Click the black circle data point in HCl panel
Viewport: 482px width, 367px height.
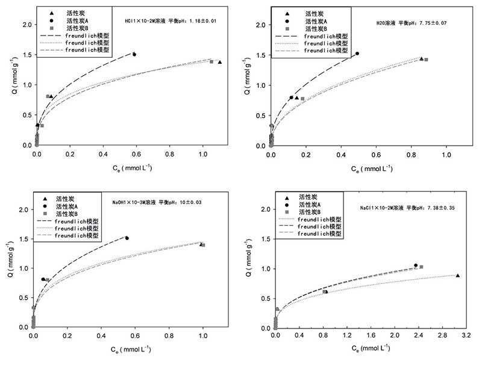click(x=134, y=54)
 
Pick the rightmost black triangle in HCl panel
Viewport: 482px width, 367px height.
click(x=220, y=62)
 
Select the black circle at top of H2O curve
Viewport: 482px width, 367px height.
click(x=357, y=54)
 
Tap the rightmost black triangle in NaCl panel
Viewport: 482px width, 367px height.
click(x=458, y=276)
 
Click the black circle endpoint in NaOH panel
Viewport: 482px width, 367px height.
click(x=127, y=238)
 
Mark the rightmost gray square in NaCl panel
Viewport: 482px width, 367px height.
click(x=421, y=267)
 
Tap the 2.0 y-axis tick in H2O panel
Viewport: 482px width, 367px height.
click(x=260, y=25)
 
